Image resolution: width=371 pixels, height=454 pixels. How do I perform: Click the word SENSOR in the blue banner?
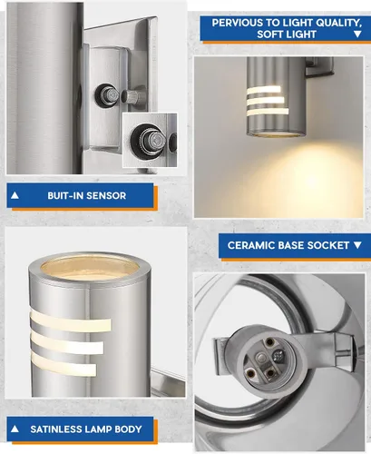pyautogui.click(x=106, y=195)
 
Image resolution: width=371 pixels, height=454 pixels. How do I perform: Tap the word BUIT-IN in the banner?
pyautogui.click(x=65, y=195)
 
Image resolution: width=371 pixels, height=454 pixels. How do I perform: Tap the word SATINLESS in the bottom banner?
pyautogui.click(x=56, y=429)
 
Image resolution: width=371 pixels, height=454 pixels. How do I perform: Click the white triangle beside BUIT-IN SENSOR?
pyautogui.click(x=15, y=195)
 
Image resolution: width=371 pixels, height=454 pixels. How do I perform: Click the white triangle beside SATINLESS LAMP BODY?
pyautogui.click(x=15, y=429)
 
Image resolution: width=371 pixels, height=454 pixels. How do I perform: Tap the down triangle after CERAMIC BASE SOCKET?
pyautogui.click(x=357, y=245)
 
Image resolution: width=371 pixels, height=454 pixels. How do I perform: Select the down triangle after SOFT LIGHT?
pyautogui.click(x=357, y=35)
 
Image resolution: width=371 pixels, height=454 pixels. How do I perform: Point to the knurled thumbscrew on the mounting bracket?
pyautogui.click(x=133, y=96)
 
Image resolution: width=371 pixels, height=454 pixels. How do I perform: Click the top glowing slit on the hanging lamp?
pyautogui.click(x=264, y=90)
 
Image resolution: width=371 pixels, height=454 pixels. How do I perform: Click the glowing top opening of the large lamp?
pyautogui.click(x=90, y=267)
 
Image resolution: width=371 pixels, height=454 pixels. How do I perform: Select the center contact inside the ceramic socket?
pyautogui.click(x=260, y=358)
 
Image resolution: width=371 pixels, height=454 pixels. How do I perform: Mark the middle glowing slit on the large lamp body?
pyautogui.click(x=66, y=342)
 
